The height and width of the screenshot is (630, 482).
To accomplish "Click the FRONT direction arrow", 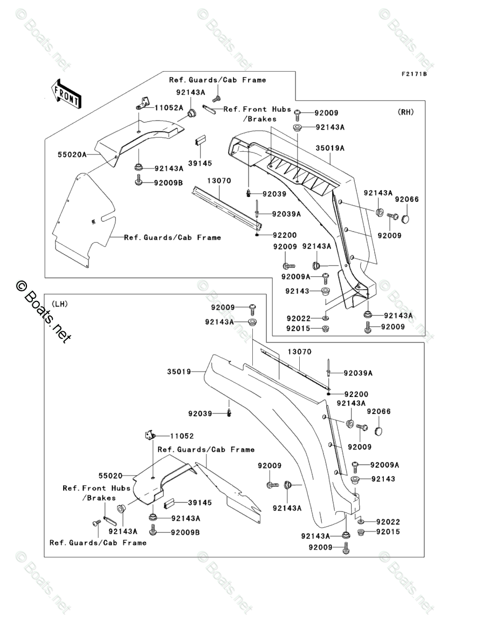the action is click(x=66, y=94).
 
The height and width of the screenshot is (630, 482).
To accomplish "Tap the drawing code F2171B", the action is click(x=414, y=74).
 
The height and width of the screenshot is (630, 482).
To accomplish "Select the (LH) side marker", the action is click(x=59, y=304).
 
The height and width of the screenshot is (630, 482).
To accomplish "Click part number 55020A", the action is click(x=72, y=155).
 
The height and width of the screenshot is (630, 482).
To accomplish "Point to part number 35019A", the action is click(x=330, y=148).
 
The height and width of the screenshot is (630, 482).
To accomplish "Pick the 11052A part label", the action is click(x=169, y=108).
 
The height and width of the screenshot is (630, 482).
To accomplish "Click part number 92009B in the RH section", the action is click(x=168, y=183).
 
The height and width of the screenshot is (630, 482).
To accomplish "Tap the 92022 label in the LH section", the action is click(x=388, y=522).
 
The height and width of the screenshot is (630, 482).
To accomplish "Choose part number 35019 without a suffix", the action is click(x=179, y=372).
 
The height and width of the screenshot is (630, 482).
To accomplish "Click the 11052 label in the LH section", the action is click(x=182, y=436).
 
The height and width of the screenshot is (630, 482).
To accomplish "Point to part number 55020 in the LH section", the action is click(x=111, y=475).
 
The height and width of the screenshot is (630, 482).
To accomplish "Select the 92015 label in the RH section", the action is click(x=299, y=328).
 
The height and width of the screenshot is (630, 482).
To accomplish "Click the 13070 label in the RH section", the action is click(x=219, y=181).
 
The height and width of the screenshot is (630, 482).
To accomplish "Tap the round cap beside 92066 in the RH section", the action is click(x=407, y=218).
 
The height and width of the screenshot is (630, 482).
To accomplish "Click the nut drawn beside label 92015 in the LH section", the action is click(x=361, y=533).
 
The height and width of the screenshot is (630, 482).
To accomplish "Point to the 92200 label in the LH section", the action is click(x=356, y=394).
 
